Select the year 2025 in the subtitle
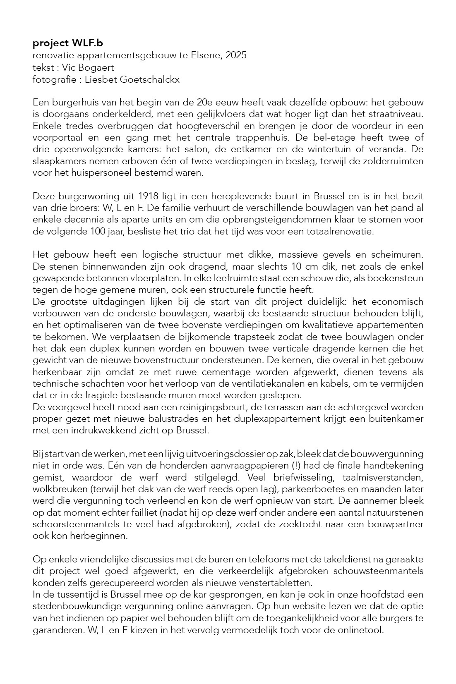tap(236, 55)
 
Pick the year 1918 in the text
tap(150, 196)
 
